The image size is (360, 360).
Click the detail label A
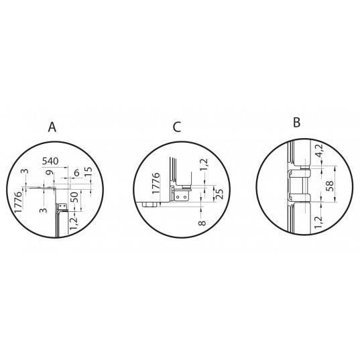[x=52, y=127]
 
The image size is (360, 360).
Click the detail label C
[x=177, y=127]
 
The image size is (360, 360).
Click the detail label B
[x=296, y=123]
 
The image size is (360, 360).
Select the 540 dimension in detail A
[x=50, y=161]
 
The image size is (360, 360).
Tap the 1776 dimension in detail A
[x=18, y=202]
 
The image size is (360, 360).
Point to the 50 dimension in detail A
[x=74, y=197]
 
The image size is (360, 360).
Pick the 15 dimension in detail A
[x=88, y=171]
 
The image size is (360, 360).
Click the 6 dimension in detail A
[x=76, y=173]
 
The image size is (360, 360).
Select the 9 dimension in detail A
[x=50, y=172]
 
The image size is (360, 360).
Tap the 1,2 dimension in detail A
[x=74, y=223]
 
